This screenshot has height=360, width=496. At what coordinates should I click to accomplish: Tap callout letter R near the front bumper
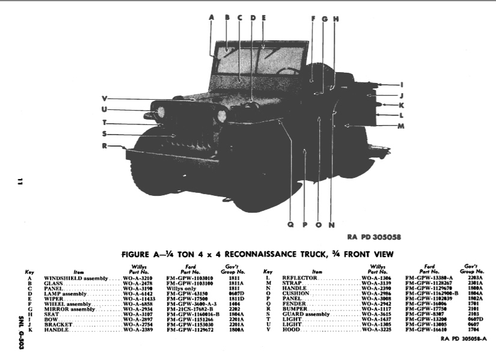coord(104,145)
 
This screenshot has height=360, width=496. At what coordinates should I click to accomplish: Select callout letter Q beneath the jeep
coord(290,225)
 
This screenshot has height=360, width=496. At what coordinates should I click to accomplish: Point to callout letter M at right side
coord(401,126)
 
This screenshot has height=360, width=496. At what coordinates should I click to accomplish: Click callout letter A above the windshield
coord(212,17)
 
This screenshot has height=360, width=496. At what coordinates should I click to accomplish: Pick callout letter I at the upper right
coord(401,85)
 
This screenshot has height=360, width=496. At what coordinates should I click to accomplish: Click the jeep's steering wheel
coord(288,71)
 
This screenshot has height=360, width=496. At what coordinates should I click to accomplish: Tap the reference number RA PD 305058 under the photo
coord(374,237)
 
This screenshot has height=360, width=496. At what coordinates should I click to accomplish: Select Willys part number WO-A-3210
coord(138,279)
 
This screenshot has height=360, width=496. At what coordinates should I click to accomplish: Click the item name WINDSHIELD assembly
coord(76,279)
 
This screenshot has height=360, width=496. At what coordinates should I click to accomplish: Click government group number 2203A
coord(476,279)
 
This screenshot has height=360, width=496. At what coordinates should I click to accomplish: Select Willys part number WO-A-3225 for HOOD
coord(376,331)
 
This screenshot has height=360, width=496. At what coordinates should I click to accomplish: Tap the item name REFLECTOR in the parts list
coord(301,279)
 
